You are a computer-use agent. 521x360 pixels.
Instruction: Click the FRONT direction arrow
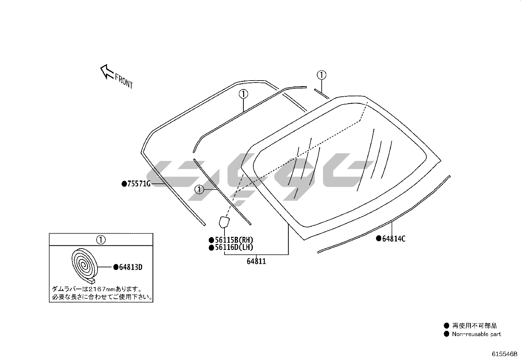[x=107, y=71]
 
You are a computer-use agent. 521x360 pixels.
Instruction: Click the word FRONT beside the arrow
[x=124, y=81]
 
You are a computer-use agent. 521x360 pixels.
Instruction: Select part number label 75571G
[x=139, y=184]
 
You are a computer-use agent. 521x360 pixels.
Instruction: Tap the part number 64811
[x=256, y=261]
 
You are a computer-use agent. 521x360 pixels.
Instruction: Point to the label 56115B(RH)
[x=234, y=240]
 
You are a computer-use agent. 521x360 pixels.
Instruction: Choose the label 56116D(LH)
[x=234, y=247]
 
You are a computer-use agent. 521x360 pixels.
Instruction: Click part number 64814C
[x=394, y=239]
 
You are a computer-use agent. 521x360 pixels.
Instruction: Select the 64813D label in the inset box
[x=131, y=267]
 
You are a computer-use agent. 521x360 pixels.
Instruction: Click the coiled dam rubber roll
[x=84, y=266]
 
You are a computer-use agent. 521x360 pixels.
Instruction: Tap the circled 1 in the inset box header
[x=101, y=239]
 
